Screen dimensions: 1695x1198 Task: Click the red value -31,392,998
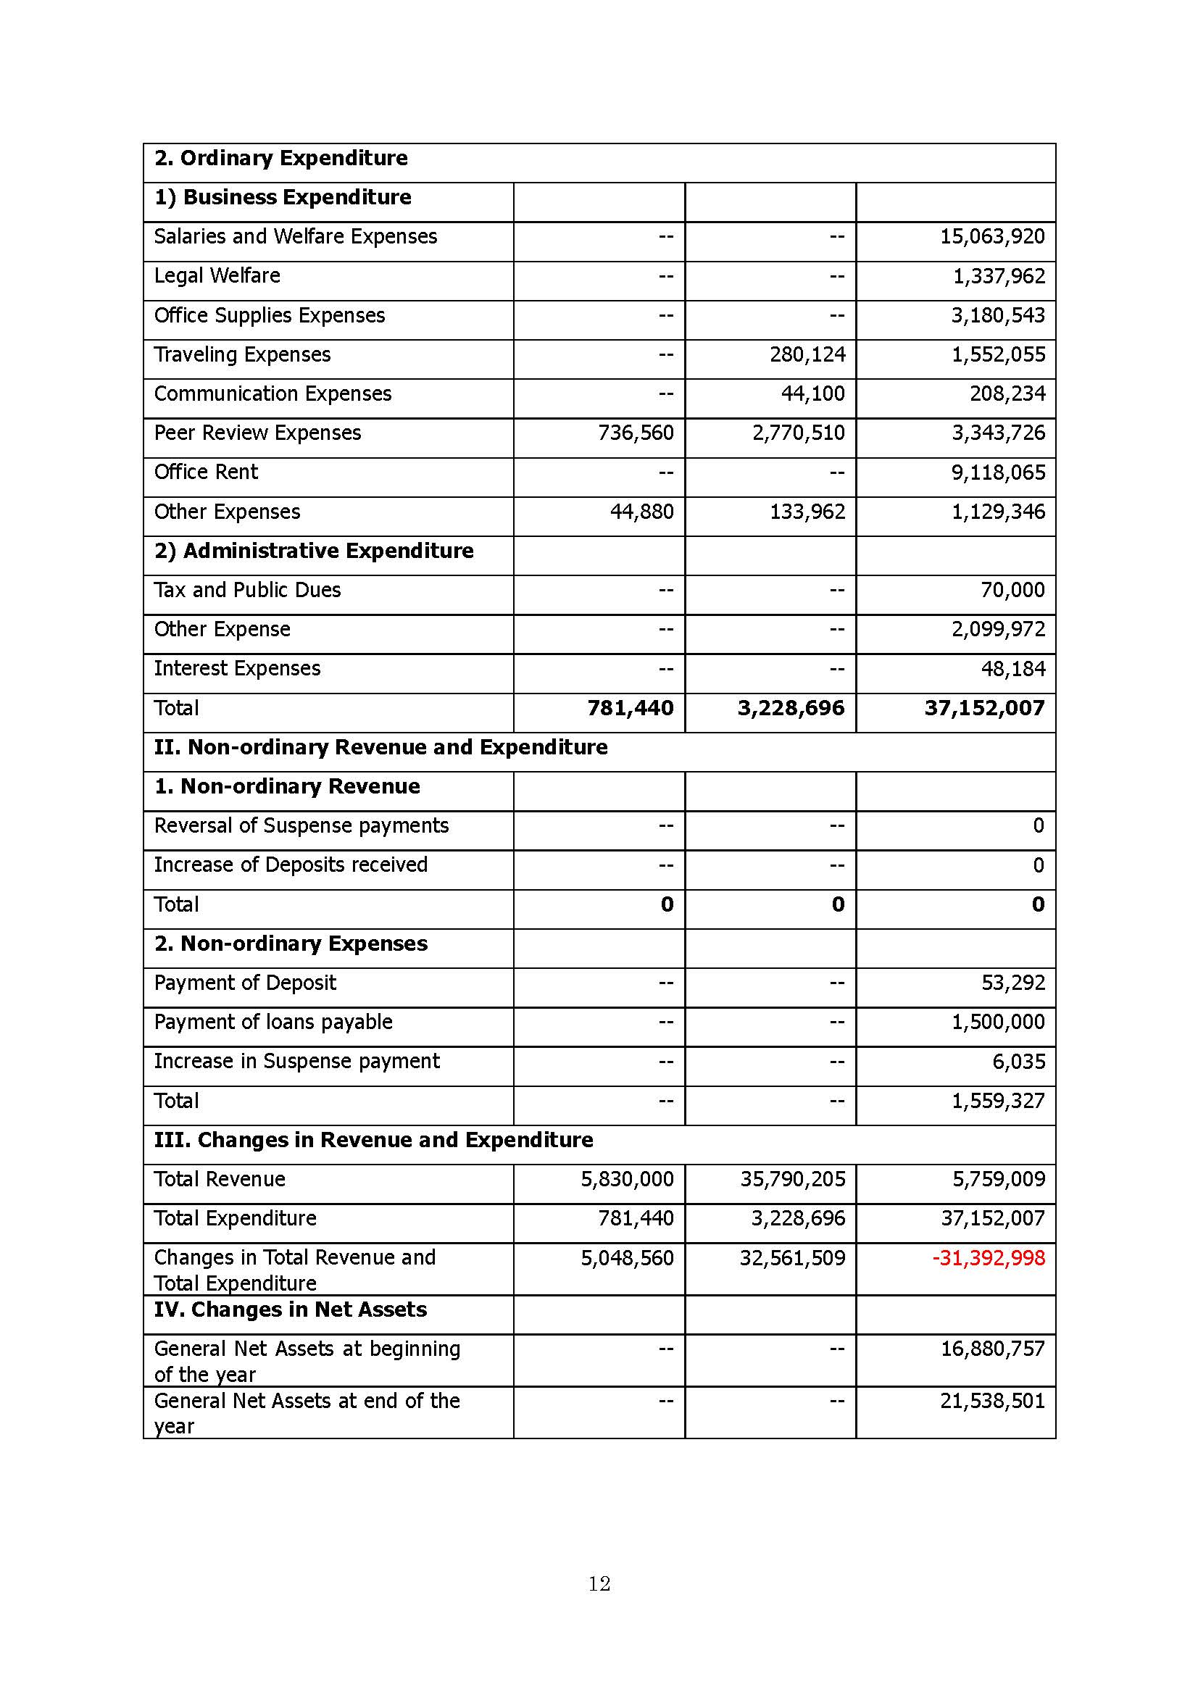click(x=989, y=1257)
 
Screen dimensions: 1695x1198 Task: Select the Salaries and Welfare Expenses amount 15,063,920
click(x=992, y=236)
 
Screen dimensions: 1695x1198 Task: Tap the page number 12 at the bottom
click(x=599, y=1583)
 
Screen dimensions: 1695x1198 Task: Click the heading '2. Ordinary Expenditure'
click(x=280, y=158)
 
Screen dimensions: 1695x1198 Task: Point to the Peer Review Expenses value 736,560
click(x=636, y=433)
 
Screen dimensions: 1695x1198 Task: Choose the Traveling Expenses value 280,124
click(x=807, y=354)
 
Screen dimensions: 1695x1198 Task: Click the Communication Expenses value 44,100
click(x=812, y=393)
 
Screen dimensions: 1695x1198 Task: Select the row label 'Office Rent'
click(x=206, y=472)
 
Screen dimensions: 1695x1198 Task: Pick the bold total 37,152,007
click(x=984, y=708)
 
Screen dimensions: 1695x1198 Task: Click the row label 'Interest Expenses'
click(x=237, y=668)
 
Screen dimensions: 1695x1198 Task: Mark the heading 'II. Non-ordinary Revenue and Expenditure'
click(x=381, y=747)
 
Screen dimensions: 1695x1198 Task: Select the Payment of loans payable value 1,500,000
click(x=998, y=1022)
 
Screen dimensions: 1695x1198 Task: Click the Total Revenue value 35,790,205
click(x=792, y=1179)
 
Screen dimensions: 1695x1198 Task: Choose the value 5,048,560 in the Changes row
click(x=627, y=1257)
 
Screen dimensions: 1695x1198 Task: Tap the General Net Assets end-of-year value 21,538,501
click(x=992, y=1401)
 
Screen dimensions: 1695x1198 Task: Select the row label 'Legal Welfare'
click(x=217, y=275)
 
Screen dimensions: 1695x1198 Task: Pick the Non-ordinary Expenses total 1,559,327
click(x=998, y=1101)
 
